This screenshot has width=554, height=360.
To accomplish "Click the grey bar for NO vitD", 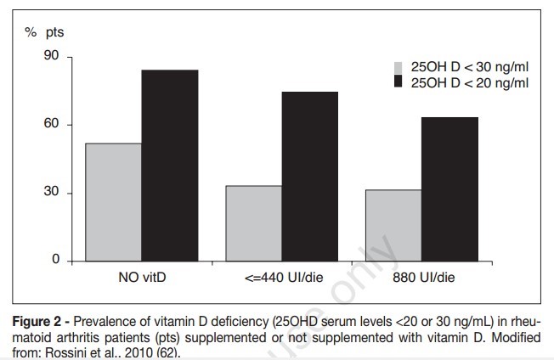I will (114, 201).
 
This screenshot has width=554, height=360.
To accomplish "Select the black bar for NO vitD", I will (170, 165).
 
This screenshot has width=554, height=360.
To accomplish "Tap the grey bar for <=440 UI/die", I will (254, 222).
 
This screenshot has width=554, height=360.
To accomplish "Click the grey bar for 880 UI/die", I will (394, 224).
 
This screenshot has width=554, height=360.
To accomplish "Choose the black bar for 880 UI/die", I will (450, 188).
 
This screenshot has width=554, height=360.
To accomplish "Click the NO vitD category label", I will (142, 277).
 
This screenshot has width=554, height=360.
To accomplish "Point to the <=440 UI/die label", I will (282, 277).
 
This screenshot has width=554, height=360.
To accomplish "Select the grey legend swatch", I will (398, 67).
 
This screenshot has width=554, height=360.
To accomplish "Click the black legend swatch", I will (398, 82).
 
